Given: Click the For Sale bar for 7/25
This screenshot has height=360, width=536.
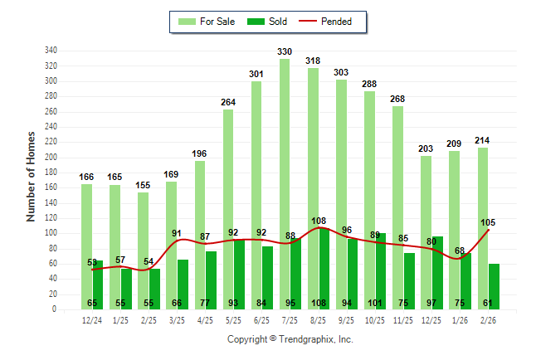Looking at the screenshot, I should tap(285, 183).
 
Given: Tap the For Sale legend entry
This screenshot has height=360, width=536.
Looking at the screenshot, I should tap(207, 22).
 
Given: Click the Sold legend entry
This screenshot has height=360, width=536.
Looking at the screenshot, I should tap(266, 22).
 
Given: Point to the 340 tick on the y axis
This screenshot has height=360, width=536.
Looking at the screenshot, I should tap(51, 51).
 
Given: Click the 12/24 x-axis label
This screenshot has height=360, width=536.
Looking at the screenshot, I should tap(92, 320).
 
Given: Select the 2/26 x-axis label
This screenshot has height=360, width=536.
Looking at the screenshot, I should tap(489, 320).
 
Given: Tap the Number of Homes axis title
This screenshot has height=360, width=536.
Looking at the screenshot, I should tap(32, 176).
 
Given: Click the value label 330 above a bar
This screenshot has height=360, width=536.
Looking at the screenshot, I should tap(285, 51).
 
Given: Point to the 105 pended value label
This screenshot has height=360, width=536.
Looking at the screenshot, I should tap(489, 222).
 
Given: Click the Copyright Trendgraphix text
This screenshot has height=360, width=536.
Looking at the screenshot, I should tap(290, 339).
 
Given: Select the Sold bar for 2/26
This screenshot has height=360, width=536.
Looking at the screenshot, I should tap(495, 286).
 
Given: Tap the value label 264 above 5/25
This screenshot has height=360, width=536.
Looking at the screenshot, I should tap(228, 102).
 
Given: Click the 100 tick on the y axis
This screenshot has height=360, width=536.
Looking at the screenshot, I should tap(51, 233).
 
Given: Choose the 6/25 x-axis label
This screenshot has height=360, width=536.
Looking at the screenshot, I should tap(262, 320).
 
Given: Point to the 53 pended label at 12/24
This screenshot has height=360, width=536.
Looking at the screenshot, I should tap(92, 262).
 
